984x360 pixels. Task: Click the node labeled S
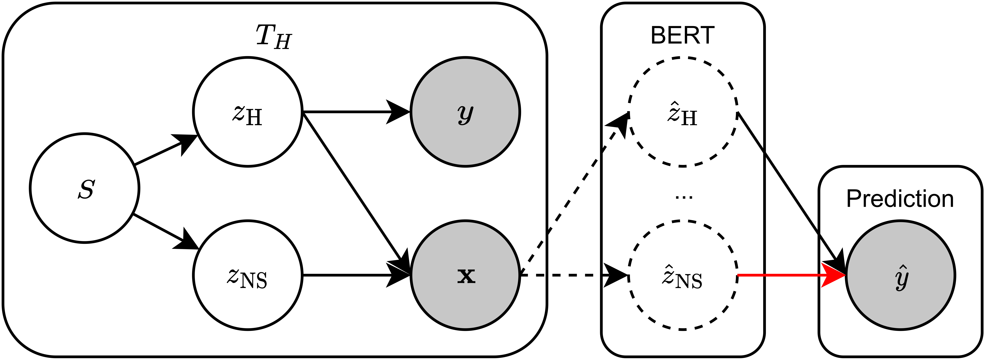pyautogui.click(x=84, y=188)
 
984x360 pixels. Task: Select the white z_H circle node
pyautogui.click(x=247, y=112)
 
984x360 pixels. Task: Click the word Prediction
pyautogui.click(x=900, y=199)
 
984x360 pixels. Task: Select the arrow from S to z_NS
pyautogui.click(x=164, y=230)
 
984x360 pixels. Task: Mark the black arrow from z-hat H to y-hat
pyautogui.click(x=791, y=191)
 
